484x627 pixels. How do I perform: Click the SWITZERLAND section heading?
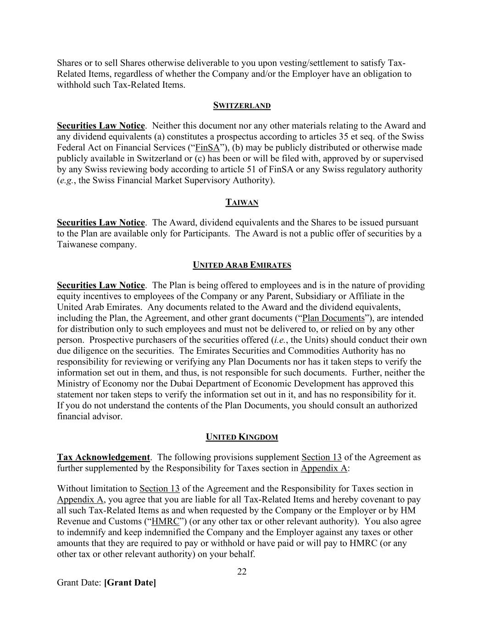pos(242,106)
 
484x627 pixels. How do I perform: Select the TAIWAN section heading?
pos(242,203)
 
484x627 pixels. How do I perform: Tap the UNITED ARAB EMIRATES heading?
pos(242,265)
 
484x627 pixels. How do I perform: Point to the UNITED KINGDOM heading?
pos(242,437)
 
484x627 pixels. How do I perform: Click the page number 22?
pos(242,571)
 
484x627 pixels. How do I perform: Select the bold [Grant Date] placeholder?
pos(130,582)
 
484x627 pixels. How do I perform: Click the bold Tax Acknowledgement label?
pos(103,457)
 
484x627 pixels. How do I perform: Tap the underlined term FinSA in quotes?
pos(207,147)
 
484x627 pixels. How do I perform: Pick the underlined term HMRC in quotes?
pos(165,521)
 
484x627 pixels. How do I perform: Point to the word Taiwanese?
pos(81,244)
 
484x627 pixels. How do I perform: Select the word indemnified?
pos(180,532)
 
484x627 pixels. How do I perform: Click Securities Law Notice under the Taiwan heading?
pos(100,223)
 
